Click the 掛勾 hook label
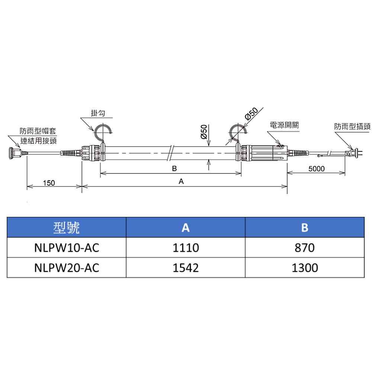pos(97,113)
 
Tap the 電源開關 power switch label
pos(285,125)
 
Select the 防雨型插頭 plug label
pos(352,126)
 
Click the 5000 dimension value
pos(317,169)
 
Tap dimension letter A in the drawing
pos(181,182)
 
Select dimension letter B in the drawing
pos(174,169)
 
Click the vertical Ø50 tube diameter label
pos(204,132)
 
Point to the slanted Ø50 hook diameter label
pos(252,113)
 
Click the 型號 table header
pos(67,228)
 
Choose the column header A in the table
pos(186,228)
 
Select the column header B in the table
pos(305,228)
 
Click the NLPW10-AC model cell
pos(67,248)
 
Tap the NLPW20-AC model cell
pos(67,267)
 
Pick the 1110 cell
pos(186,248)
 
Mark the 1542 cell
pos(186,267)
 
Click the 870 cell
pos(305,248)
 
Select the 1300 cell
pos(305,267)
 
